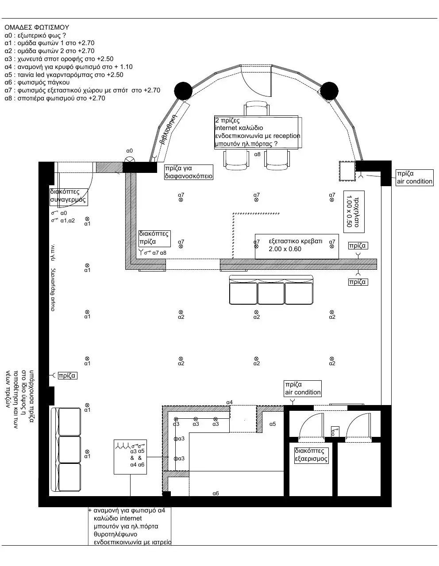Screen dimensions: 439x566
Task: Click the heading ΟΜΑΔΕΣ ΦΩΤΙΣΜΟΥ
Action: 37,27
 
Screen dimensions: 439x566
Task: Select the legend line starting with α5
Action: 64,75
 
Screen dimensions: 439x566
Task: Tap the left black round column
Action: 183,91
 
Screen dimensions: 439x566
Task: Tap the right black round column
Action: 329,91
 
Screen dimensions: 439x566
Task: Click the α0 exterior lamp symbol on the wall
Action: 130,159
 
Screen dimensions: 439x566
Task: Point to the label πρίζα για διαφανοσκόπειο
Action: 189,172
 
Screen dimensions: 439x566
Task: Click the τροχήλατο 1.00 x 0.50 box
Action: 354,212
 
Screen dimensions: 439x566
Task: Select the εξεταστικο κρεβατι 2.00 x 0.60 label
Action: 296,245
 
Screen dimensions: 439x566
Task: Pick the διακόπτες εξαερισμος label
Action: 311,455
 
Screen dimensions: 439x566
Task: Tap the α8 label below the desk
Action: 257,154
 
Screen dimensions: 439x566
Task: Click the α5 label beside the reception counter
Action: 273,424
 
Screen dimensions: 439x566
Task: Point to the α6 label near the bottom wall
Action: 216,493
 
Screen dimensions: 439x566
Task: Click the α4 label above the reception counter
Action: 229,402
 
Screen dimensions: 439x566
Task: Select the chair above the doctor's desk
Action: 257,108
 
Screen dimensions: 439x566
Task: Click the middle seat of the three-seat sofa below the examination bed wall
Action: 271,293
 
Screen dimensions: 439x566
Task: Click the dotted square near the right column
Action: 347,171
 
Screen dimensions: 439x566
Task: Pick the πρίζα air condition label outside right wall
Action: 415,178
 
